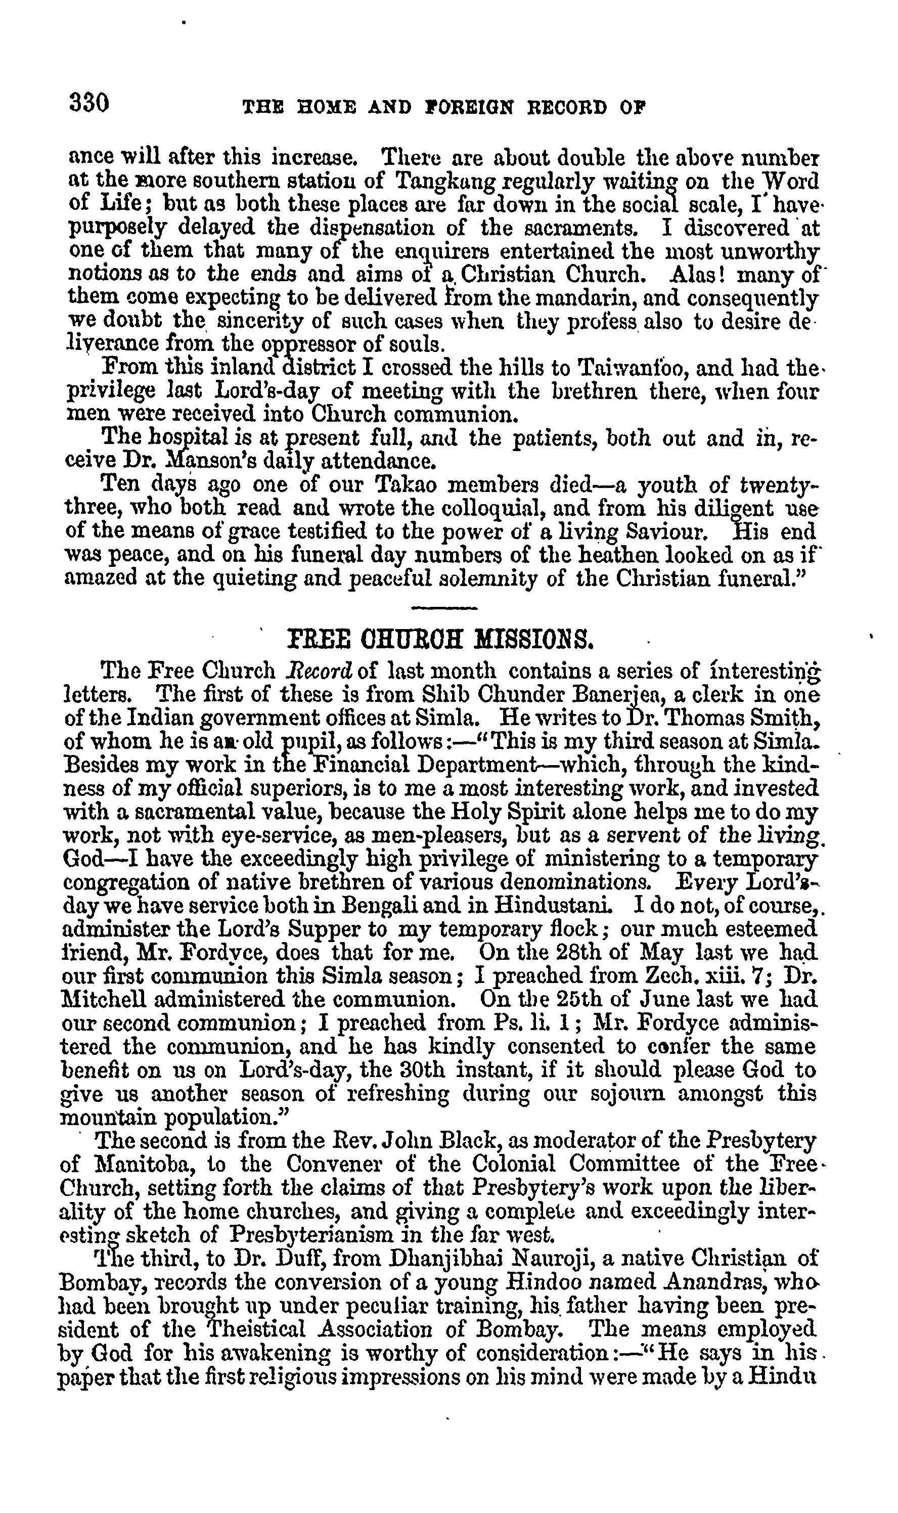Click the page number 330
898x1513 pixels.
(x=89, y=102)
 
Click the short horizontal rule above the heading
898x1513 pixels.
(x=444, y=608)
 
